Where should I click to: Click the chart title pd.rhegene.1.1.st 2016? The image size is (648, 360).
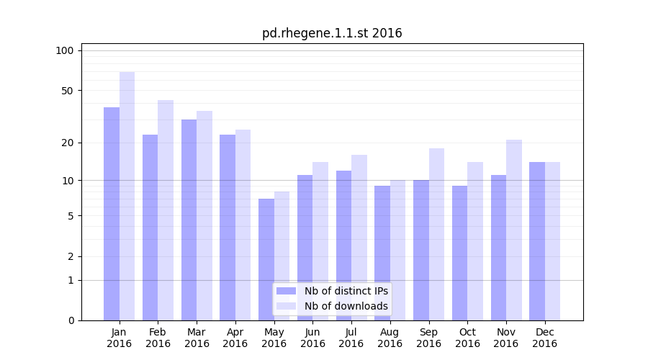coord(331,33)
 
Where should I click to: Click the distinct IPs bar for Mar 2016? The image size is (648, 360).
coord(189,220)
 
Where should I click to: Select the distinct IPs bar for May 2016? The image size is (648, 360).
coord(266,259)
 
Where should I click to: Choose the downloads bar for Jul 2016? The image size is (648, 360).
coord(359,238)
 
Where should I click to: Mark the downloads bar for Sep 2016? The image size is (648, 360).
coord(436,234)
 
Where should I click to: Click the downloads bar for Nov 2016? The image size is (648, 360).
coord(514,230)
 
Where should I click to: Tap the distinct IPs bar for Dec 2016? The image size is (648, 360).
coord(537,241)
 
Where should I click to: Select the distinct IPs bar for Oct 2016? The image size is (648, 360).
coord(459,253)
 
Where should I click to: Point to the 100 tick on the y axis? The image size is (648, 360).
coord(65,50)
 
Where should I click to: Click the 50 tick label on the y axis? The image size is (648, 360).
coord(67,91)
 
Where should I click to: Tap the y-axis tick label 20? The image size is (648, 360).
coord(67,143)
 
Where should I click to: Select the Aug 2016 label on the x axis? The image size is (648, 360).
coord(390,338)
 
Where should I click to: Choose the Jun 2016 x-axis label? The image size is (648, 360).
coord(312,338)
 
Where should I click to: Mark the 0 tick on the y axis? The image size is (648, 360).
coord(71,320)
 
